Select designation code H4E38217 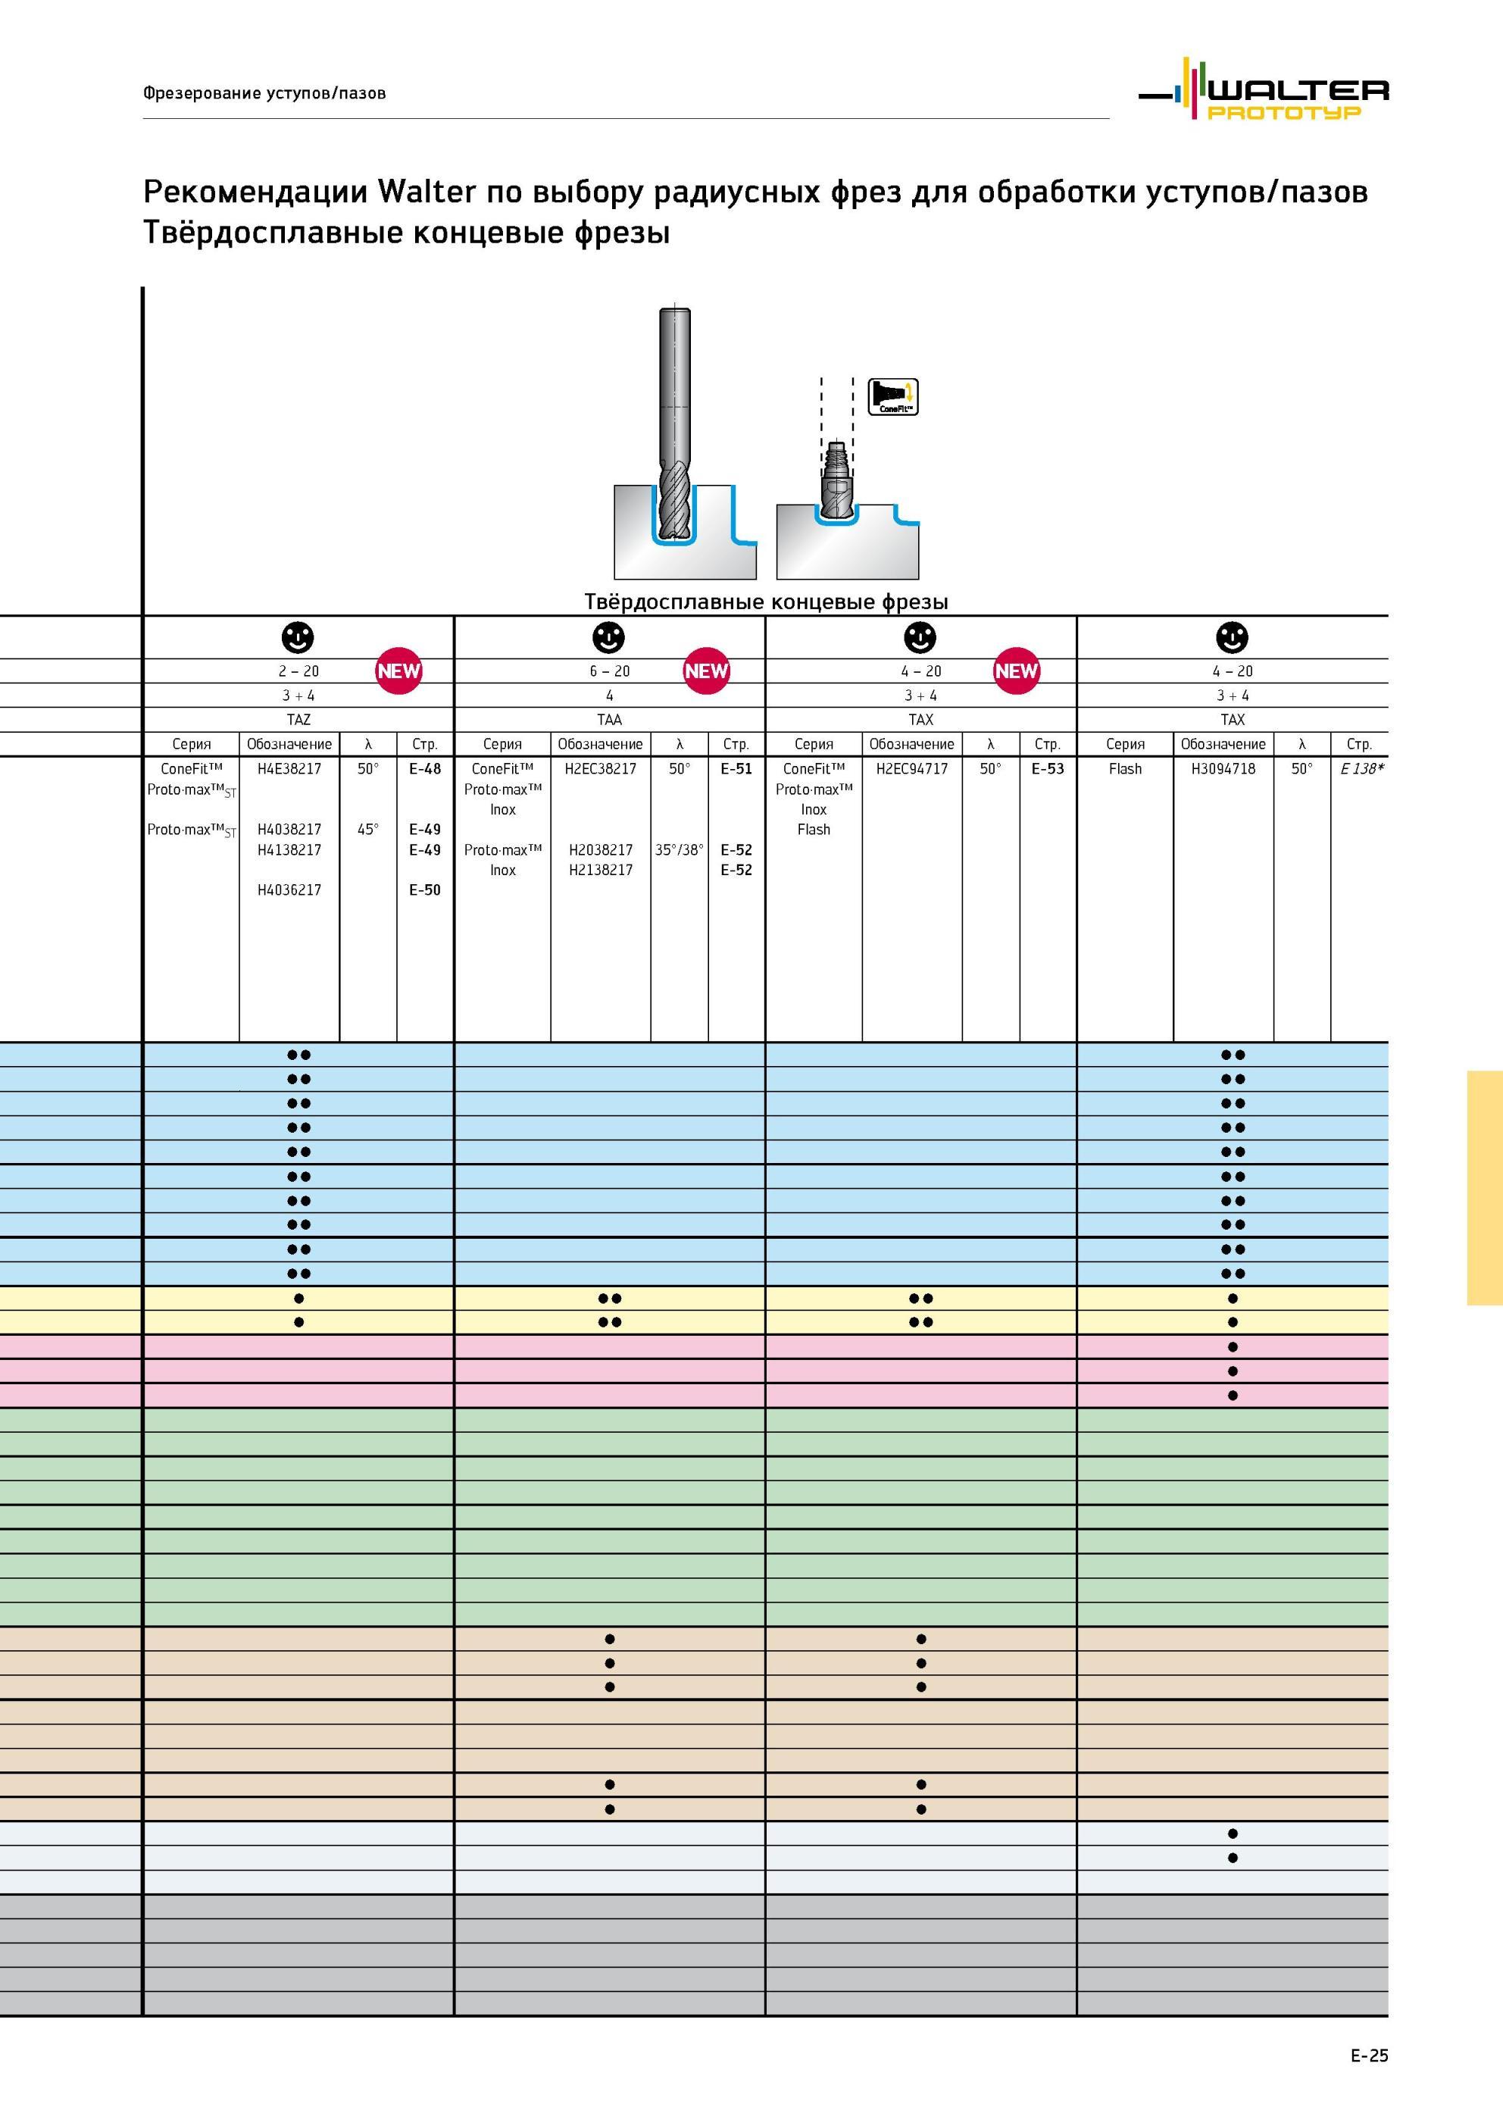click(289, 768)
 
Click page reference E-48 click(425, 768)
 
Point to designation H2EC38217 click(600, 768)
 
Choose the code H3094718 click(1223, 768)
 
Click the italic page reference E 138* click(1361, 768)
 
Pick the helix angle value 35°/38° click(679, 849)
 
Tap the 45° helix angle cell click(367, 830)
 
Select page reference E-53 click(1048, 768)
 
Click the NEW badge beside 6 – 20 click(707, 671)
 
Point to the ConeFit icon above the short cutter click(892, 396)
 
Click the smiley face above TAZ click(297, 637)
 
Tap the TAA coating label click(609, 720)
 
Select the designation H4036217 click(289, 889)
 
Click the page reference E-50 click(425, 889)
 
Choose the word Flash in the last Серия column click(1125, 768)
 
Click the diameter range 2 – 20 click(298, 671)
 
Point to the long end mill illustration click(674, 425)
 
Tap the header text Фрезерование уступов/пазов click(264, 92)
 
